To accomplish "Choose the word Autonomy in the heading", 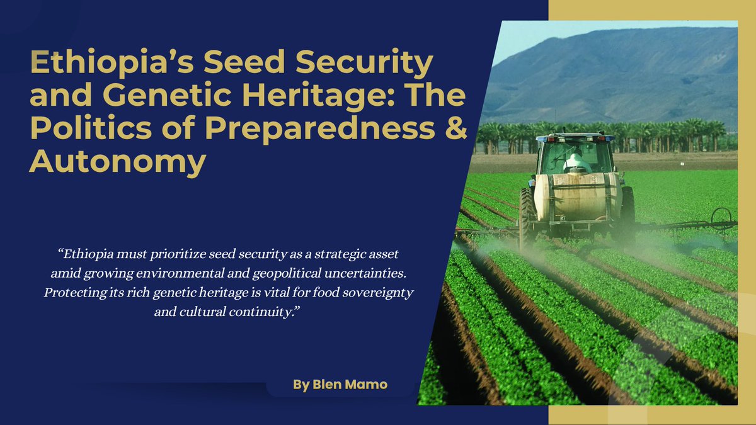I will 118,163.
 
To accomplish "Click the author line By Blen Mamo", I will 340,384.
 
